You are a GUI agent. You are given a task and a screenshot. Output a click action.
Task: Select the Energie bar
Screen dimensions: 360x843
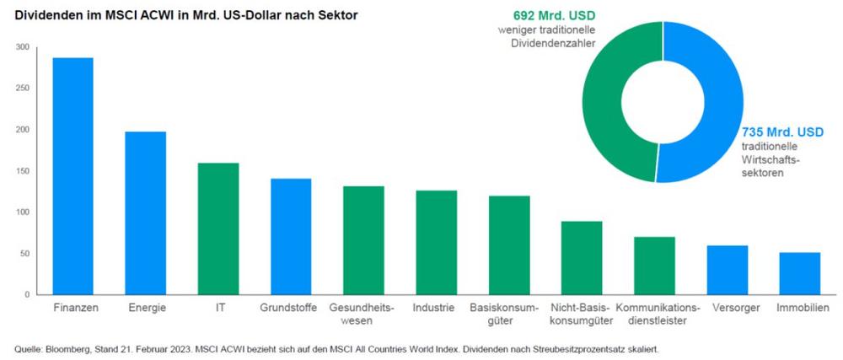click(145, 212)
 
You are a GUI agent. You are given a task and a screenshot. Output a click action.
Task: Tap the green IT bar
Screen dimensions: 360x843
click(218, 228)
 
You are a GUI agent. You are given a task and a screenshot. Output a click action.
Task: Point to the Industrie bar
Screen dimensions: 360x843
click(436, 243)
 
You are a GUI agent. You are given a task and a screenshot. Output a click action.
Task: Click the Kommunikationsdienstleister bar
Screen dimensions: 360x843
click(654, 266)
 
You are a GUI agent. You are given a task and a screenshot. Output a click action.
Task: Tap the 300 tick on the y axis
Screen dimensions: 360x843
click(22, 47)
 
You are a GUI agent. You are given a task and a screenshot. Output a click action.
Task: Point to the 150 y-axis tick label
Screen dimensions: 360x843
click(22, 171)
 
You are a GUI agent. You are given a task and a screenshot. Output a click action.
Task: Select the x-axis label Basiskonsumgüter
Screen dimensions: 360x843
click(508, 314)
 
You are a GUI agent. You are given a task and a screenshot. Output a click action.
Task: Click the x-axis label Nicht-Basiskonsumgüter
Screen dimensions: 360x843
click(582, 314)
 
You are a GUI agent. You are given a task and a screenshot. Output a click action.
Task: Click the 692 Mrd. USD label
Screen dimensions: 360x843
click(553, 16)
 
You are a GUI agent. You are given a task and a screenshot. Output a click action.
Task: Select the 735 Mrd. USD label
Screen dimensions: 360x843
click(781, 132)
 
